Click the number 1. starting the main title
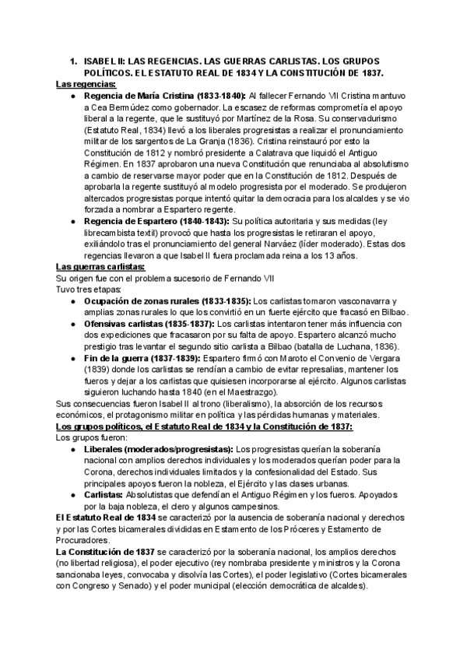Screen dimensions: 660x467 pos(73,61)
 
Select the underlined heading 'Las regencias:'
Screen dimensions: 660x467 pos(86,83)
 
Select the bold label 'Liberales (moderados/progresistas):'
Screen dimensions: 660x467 pos(157,449)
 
